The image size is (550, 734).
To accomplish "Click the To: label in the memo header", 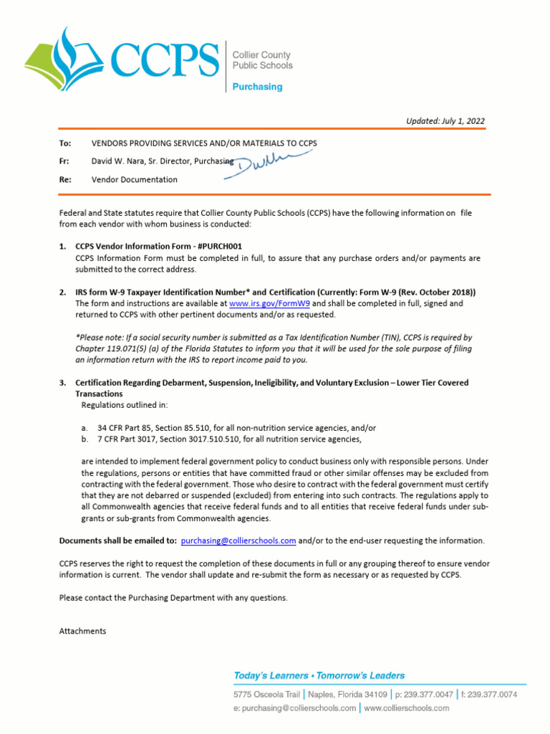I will (x=64, y=143).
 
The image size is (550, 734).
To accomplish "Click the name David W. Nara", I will (x=119, y=162).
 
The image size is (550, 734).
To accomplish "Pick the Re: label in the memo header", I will (x=65, y=180).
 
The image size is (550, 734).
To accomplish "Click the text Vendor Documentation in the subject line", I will (x=134, y=180).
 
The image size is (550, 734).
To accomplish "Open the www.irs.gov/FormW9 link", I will (x=269, y=304).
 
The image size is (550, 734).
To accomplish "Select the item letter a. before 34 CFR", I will (x=85, y=428).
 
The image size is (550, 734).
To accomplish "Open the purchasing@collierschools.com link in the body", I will (x=238, y=540).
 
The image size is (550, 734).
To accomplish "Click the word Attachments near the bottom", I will (x=82, y=631).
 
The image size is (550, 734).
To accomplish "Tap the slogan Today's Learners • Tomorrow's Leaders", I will (x=319, y=675).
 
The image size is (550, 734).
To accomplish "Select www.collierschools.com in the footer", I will (x=407, y=708).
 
